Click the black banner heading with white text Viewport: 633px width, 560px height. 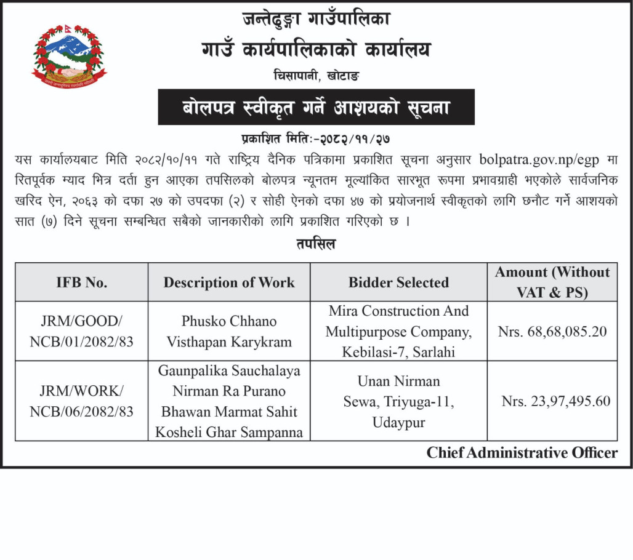pos(316,108)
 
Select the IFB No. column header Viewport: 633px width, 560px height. pos(81,282)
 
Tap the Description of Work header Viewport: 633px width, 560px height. pos(229,282)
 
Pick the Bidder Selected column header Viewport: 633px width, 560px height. pos(398,282)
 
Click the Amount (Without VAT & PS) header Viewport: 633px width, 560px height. pos(552,282)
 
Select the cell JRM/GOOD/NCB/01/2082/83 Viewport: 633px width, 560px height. pos(81,331)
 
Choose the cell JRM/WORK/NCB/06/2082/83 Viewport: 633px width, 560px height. pos(81,401)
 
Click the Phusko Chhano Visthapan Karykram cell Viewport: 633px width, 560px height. pos(229,331)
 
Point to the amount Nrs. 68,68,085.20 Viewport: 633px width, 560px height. pos(552,332)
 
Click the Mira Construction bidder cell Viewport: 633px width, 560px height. pos(398,331)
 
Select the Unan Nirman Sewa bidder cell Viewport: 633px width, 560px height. pos(398,402)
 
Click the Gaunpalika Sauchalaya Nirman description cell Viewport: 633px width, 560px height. pos(229,401)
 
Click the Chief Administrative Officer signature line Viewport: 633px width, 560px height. pos(522,453)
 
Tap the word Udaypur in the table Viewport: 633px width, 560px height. pos(398,423)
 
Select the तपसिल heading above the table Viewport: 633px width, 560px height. pos(316,244)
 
